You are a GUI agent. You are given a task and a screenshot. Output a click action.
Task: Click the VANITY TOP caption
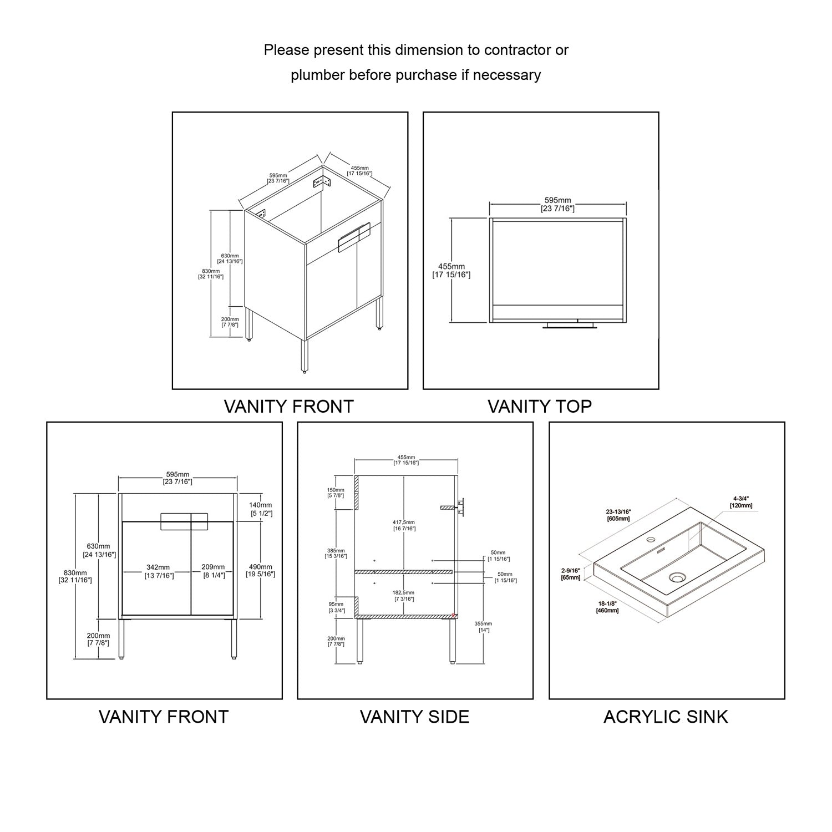[539, 407]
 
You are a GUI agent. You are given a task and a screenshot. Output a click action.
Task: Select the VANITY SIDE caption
[414, 717]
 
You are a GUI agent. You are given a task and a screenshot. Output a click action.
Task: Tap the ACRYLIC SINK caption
[666, 717]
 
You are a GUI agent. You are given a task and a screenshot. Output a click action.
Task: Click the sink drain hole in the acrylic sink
[676, 577]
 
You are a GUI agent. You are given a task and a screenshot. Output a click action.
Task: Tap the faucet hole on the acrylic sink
[651, 539]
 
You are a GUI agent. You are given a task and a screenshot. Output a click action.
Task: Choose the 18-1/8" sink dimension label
[607, 607]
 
